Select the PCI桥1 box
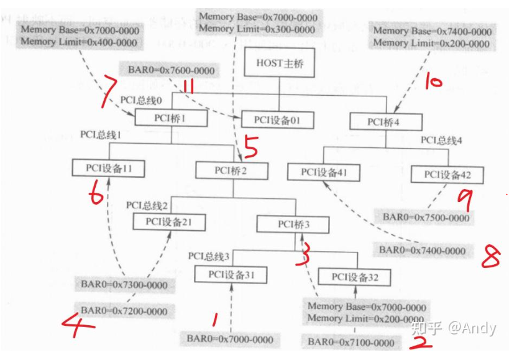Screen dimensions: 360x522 click(x=171, y=118)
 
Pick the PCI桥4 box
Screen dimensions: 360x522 click(x=386, y=122)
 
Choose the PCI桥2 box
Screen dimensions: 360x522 click(x=232, y=170)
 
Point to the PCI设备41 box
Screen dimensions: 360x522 click(x=324, y=172)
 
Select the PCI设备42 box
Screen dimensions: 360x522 click(x=446, y=174)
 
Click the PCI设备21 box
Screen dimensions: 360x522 click(x=169, y=221)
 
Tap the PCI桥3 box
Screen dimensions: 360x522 click(x=293, y=224)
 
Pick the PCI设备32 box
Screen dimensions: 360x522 click(x=355, y=277)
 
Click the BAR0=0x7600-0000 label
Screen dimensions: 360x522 click(x=171, y=70)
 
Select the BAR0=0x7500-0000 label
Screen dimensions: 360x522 click(x=426, y=217)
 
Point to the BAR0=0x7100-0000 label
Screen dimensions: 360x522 click(x=351, y=343)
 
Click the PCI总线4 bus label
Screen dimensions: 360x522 click(x=441, y=141)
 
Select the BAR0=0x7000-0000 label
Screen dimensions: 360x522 click(x=230, y=339)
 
